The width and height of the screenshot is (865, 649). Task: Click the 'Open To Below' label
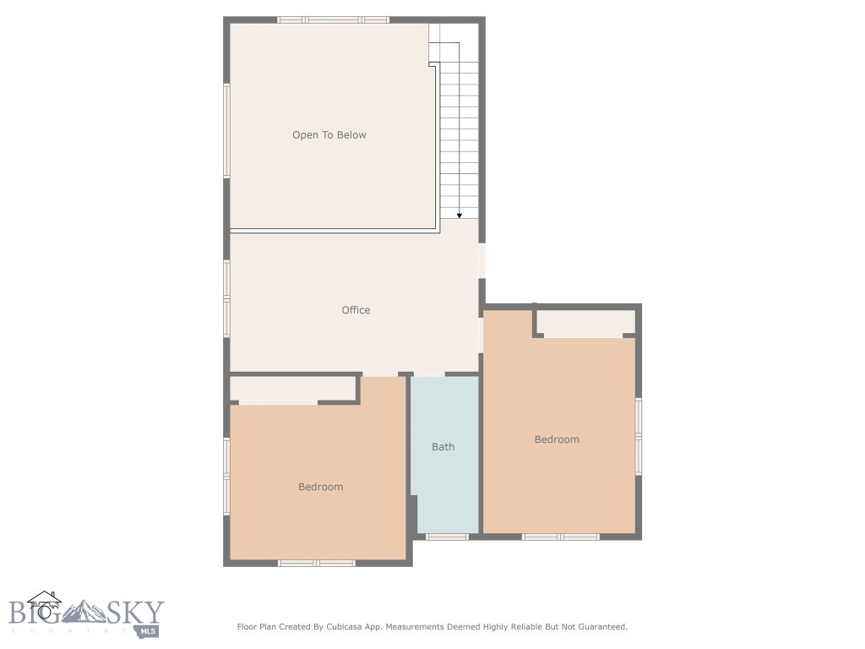[x=329, y=135]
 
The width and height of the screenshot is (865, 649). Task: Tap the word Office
[x=356, y=310]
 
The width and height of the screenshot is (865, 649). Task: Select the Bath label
[x=443, y=447]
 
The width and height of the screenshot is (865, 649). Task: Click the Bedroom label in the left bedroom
[x=320, y=487]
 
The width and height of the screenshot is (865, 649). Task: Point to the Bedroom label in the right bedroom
[x=557, y=439]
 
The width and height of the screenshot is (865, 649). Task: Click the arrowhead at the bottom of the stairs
[x=459, y=215]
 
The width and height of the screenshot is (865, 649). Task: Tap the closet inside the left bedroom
[x=293, y=389]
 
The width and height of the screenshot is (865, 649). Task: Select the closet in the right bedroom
[x=586, y=322]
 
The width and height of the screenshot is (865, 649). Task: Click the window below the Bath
[x=447, y=537]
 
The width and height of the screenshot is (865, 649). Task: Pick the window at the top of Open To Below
[x=333, y=20]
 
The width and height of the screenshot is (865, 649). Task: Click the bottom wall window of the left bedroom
[x=317, y=564]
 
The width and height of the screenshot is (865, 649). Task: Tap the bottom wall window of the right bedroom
[x=561, y=537]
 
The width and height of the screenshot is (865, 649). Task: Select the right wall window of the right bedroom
[x=639, y=437]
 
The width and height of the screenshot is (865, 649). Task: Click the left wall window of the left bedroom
[x=226, y=477]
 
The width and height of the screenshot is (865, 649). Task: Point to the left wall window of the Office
[x=226, y=298]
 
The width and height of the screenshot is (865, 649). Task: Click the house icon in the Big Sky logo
[x=45, y=604]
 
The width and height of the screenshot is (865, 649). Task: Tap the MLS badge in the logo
[x=147, y=631]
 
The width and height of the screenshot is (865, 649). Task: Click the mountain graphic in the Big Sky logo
[x=84, y=611]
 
